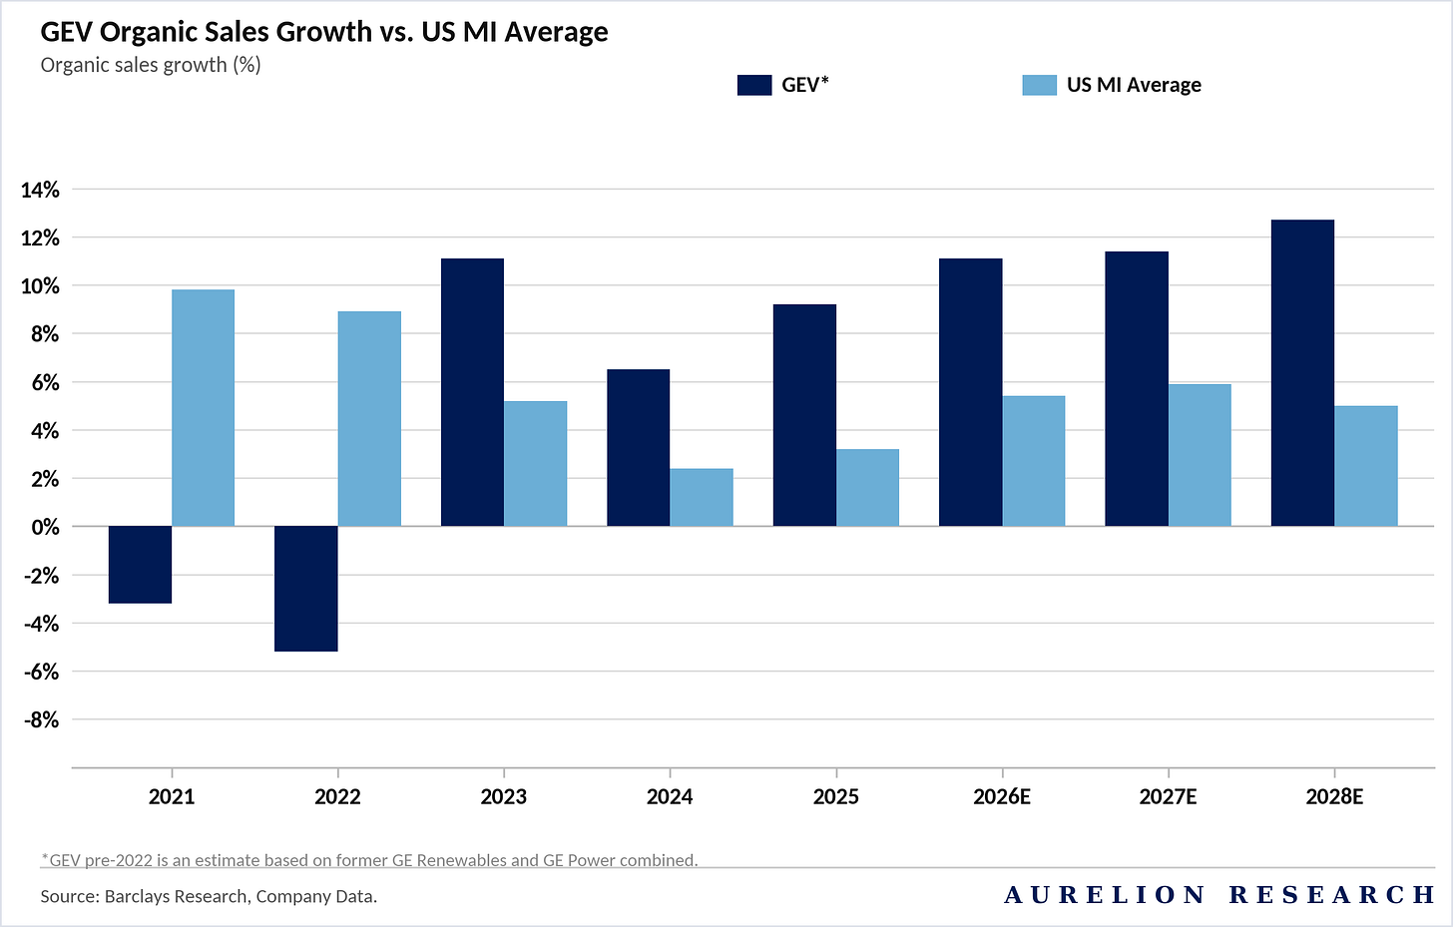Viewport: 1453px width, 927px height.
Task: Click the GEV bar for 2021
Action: click(140, 565)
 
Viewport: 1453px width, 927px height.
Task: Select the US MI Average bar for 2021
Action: click(203, 408)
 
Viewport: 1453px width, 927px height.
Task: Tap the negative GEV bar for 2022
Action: click(305, 589)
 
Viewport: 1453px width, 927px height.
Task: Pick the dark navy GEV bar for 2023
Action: click(472, 392)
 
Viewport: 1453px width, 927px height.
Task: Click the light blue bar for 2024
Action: click(702, 497)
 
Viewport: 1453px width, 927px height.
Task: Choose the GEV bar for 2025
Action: click(804, 415)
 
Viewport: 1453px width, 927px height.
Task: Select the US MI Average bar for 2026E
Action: click(1034, 461)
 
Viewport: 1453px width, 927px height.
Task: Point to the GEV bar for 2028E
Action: click(1302, 373)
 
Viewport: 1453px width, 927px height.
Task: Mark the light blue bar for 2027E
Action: click(1200, 455)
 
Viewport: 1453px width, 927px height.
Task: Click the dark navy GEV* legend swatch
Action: click(754, 85)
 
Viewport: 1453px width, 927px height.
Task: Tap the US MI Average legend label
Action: click(1134, 85)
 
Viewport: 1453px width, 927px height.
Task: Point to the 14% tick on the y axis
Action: click(40, 190)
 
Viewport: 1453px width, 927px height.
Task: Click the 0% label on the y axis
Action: click(45, 527)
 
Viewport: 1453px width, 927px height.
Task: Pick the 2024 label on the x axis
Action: click(670, 796)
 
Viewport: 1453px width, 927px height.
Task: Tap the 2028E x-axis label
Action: click(1334, 796)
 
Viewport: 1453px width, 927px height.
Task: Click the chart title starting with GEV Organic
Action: click(324, 32)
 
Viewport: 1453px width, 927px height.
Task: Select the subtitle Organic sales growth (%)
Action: click(151, 65)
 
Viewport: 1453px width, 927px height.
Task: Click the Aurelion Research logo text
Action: click(1218, 894)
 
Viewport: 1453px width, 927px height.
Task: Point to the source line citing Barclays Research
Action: click(209, 896)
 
